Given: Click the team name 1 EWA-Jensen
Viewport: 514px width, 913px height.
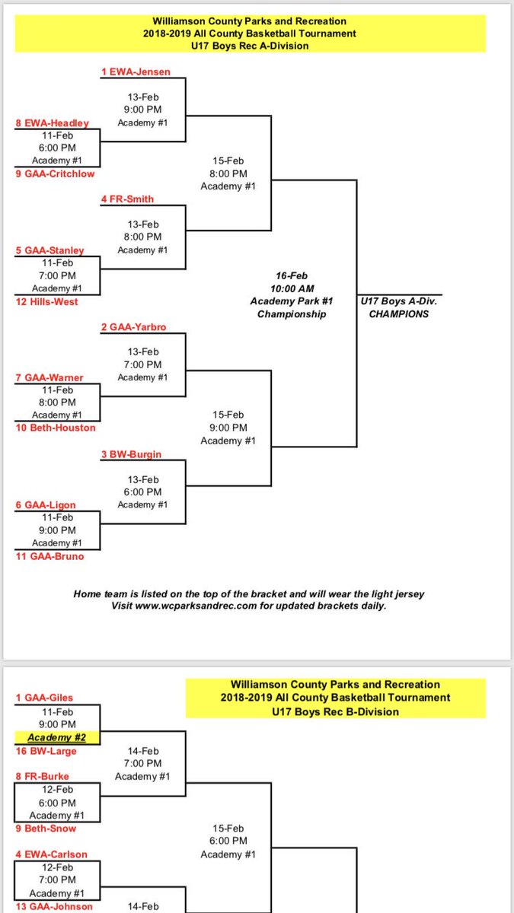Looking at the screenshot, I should (x=136, y=72).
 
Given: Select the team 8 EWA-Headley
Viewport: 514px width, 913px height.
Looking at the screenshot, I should (x=52, y=123).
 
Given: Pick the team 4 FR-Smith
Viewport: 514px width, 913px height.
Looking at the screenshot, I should (x=127, y=199).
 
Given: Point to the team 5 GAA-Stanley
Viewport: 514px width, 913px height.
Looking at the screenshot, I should (x=49, y=250).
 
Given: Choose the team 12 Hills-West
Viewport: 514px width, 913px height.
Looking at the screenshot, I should (x=46, y=301).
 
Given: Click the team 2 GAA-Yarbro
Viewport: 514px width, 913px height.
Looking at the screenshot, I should (x=133, y=327).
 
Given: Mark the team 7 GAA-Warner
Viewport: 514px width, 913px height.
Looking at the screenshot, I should (x=49, y=378).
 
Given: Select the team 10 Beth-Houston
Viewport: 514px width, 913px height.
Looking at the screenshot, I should (x=56, y=428).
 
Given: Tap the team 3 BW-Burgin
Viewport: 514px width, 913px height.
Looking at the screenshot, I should (x=131, y=454).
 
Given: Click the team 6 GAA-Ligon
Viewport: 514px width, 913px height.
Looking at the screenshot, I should (x=46, y=505).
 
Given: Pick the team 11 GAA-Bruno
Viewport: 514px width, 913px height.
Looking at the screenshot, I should (x=49, y=556).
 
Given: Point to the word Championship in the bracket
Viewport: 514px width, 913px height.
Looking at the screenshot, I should (x=292, y=314).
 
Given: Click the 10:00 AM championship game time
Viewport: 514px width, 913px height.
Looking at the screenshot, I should (x=293, y=288).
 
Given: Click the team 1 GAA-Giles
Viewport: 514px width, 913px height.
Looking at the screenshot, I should (x=45, y=698).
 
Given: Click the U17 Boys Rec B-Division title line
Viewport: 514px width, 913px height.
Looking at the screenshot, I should (x=334, y=711).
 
